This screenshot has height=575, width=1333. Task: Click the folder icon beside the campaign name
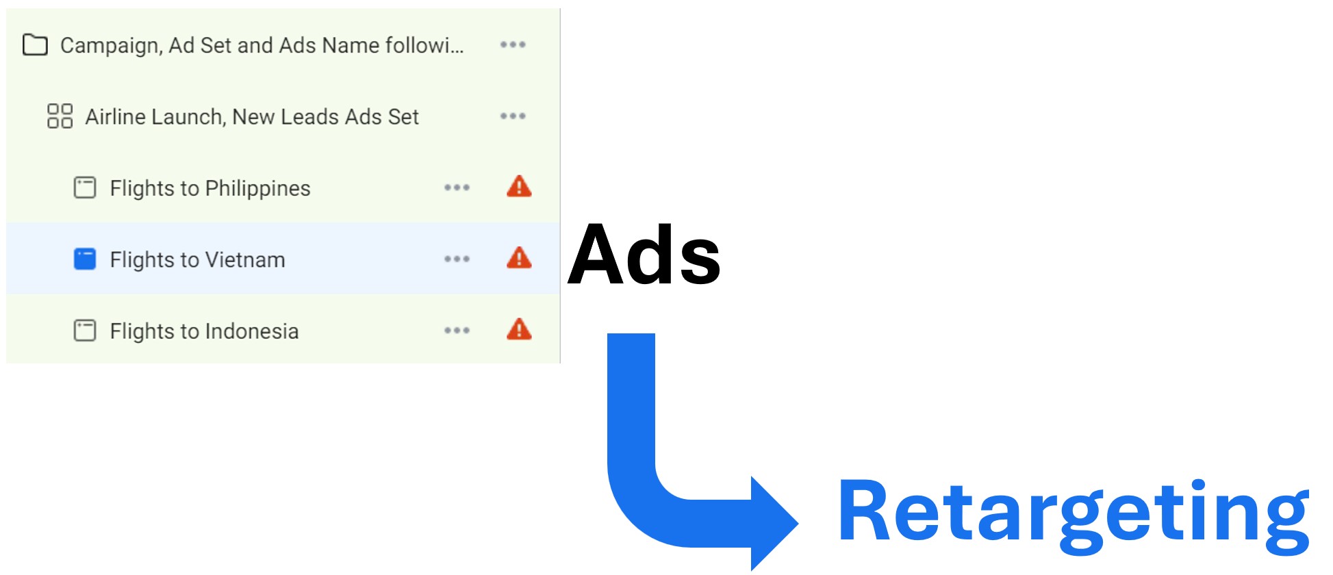[35, 45]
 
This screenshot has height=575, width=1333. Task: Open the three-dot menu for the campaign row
[513, 45]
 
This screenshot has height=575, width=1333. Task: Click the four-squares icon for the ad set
[60, 116]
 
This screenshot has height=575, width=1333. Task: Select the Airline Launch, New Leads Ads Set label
[251, 117]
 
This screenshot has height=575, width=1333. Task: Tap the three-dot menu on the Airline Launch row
[513, 116]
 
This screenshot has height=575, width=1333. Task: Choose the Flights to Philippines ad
[210, 188]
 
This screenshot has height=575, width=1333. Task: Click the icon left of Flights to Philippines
[85, 188]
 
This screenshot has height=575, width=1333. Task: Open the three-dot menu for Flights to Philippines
[457, 188]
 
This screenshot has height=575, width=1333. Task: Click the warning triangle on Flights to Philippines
[519, 187]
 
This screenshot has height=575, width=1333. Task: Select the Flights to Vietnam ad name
[197, 260]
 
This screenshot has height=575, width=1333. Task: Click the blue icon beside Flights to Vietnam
[85, 259]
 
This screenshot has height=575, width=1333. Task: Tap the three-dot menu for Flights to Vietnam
[457, 259]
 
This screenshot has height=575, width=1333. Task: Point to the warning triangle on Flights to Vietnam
[519, 258]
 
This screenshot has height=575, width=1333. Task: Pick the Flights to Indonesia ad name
[204, 331]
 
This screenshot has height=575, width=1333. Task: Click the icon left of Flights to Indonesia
[85, 331]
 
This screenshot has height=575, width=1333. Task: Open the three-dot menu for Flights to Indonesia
[457, 331]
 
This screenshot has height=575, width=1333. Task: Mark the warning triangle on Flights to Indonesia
[519, 330]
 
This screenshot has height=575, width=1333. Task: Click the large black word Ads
[644, 255]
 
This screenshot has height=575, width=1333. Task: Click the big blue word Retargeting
[1073, 513]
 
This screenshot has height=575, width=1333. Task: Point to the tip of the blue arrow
[796, 523]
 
